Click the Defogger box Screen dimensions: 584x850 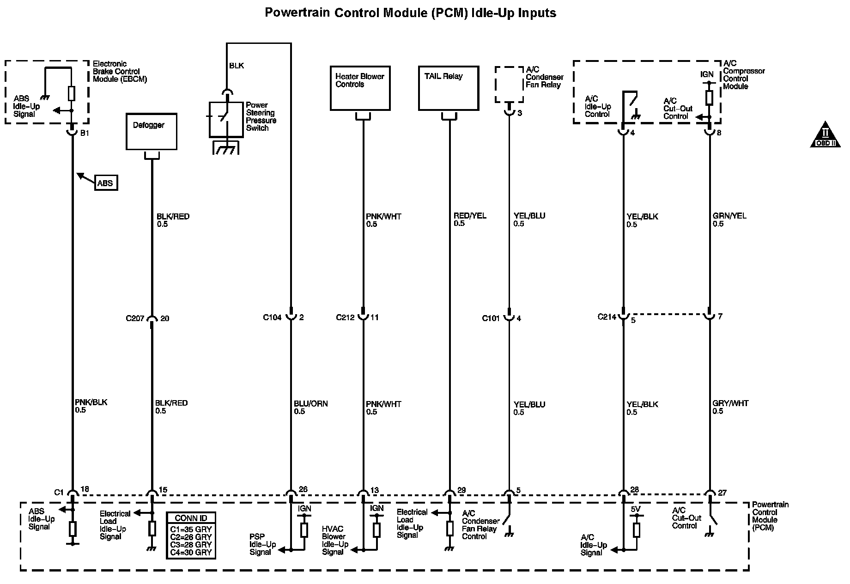(x=151, y=131)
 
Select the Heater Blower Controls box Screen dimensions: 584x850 (x=360, y=88)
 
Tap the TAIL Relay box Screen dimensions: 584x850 (x=448, y=88)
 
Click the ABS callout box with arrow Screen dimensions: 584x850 (x=105, y=183)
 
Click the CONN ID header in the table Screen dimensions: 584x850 (x=191, y=518)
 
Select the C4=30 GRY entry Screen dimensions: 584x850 (x=191, y=552)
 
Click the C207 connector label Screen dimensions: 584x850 (x=135, y=318)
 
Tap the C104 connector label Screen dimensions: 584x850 (x=273, y=317)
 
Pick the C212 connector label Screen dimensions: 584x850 (x=346, y=317)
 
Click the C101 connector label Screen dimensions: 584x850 (x=491, y=318)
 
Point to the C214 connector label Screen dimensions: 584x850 (x=607, y=317)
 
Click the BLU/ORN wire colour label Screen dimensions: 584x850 (x=311, y=403)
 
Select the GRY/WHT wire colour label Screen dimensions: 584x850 (x=730, y=403)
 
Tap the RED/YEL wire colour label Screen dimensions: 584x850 (x=470, y=216)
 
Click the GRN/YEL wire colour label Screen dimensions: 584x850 (x=729, y=216)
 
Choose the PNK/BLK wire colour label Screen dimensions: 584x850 (x=91, y=402)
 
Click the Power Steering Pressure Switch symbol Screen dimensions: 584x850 (x=226, y=120)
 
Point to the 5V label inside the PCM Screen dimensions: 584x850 (x=636, y=509)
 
